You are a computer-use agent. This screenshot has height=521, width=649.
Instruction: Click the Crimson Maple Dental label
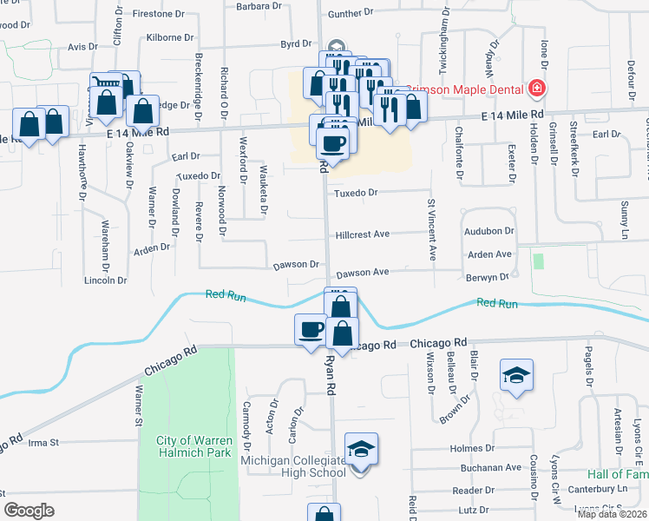point(470,89)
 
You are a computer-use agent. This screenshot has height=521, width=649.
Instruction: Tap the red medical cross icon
point(537,89)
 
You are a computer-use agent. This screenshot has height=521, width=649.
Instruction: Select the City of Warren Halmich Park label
point(193,446)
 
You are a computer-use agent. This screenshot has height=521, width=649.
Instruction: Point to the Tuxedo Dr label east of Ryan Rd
point(357,193)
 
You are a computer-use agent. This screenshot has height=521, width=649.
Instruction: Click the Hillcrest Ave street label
point(364,234)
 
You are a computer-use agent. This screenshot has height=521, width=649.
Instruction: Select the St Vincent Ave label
point(431,229)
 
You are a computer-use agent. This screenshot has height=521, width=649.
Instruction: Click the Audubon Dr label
point(490,232)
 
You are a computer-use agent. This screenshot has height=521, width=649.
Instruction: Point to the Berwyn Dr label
point(487,277)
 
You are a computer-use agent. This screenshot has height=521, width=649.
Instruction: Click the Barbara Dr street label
point(259,5)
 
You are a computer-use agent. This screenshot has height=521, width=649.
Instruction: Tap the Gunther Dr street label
point(351,13)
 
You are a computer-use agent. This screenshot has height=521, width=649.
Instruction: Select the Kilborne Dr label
point(170,38)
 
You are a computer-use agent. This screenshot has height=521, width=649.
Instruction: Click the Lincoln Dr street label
point(105,280)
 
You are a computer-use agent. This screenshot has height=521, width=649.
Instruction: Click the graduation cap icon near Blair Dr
point(516,374)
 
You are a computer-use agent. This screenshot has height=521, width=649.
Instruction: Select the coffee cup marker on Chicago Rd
point(311,329)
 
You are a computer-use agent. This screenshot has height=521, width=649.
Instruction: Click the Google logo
point(29,511)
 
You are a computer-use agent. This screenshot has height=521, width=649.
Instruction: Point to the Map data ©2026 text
point(613,514)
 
